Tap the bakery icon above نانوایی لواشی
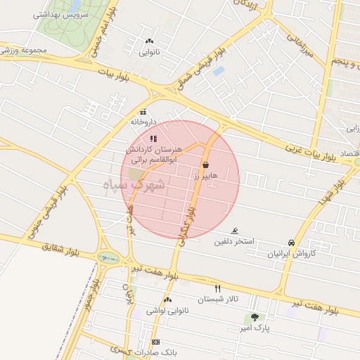(x=167, y=300)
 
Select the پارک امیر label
(x=254, y=328)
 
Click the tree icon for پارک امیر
(x=254, y=317)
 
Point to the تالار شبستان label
(x=218, y=300)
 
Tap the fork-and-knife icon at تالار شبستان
(x=217, y=288)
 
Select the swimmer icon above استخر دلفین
(x=235, y=231)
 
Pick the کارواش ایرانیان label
(x=290, y=253)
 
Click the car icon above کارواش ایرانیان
(x=292, y=242)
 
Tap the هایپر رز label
(x=206, y=176)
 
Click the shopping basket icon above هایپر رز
(x=205, y=165)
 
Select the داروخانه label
(x=143, y=122)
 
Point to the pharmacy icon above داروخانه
(x=143, y=111)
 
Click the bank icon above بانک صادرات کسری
(x=155, y=342)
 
